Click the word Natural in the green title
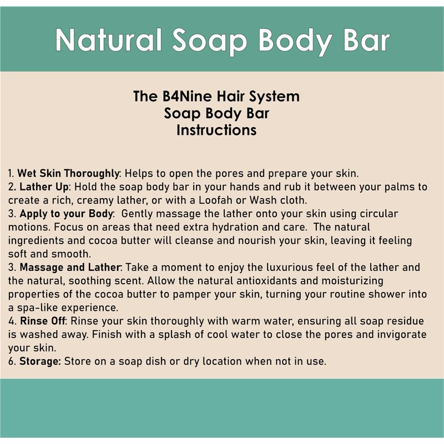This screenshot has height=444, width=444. coord(108,40)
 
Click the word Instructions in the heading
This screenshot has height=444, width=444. coord(216,130)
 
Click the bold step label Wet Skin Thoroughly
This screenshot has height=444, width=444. coord(68,173)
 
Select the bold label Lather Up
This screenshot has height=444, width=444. coord(44,187)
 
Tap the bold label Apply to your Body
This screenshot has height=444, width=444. coord(66,214)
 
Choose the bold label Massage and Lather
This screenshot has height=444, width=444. coord(70,267)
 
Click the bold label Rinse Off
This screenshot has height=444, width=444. coord(43,321)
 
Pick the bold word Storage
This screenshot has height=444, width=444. coord(40,361)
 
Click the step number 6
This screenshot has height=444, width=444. coord(11,362)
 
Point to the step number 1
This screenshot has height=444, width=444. coord(11,174)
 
